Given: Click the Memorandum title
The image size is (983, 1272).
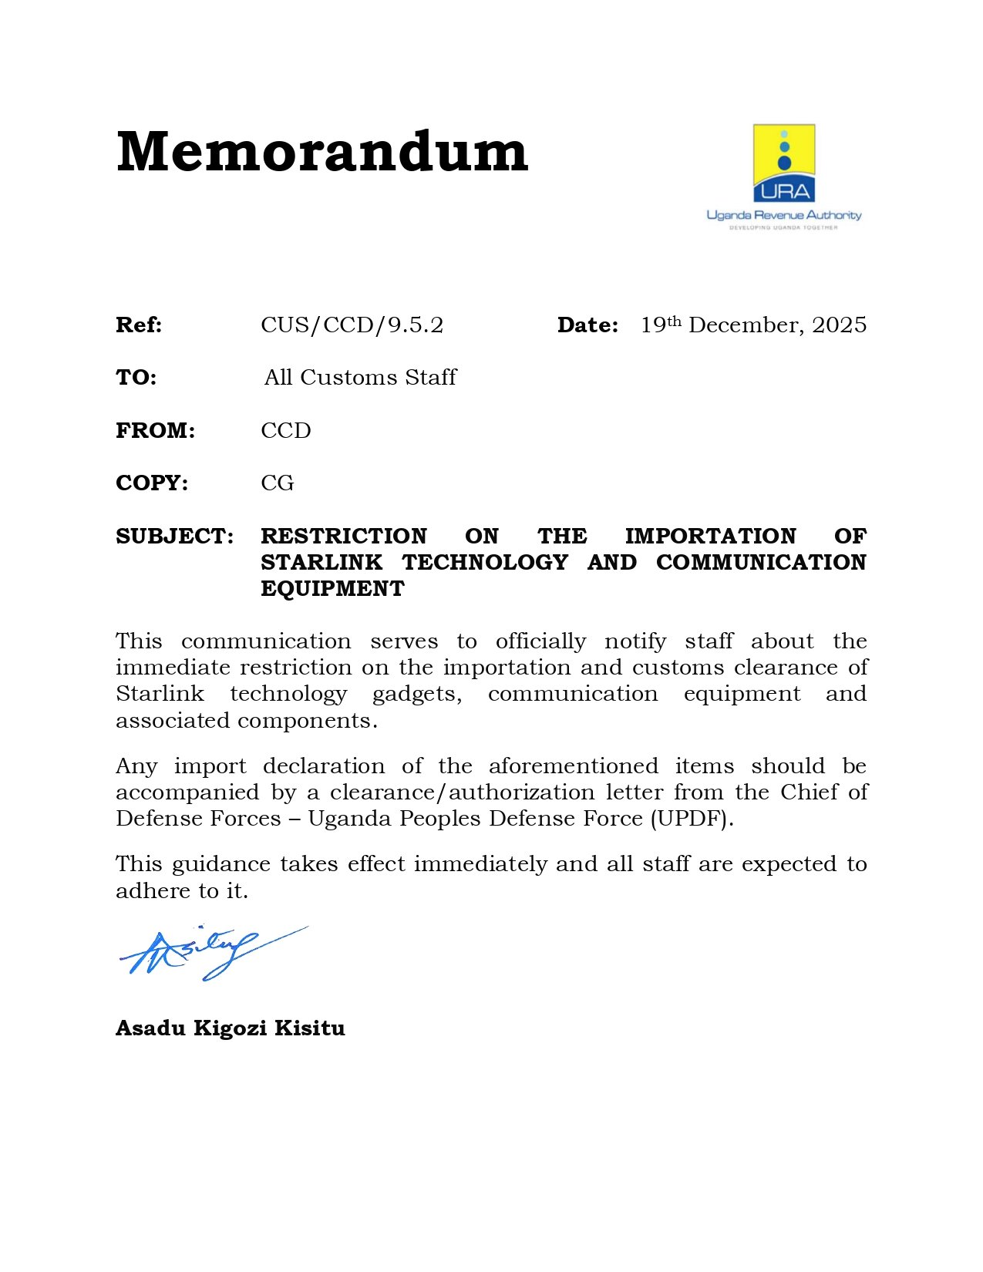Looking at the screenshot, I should coord(321,151).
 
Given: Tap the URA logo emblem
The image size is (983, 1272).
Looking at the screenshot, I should coord(784,163).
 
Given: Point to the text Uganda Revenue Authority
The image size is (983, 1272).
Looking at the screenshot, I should coord(784,215).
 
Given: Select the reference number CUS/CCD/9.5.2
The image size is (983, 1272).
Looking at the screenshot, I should coord(352,325).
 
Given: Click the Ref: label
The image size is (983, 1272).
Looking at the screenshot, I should coord(139,325).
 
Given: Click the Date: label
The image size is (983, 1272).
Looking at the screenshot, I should coord(587,325).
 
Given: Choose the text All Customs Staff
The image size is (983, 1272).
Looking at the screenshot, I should coord(360,378).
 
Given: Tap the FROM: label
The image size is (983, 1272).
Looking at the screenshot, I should coord(155,430).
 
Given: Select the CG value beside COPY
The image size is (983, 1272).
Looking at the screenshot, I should coord(278,483).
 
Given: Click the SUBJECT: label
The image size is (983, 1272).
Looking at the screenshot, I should coord(174,536).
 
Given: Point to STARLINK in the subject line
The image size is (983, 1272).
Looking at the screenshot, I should coord(321,562).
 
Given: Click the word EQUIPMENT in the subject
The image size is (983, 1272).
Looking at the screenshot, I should coord(332,588).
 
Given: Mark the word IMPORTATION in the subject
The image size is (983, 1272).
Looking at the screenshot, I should coord(710,536).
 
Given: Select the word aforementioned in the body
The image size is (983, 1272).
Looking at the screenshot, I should coord(573,766).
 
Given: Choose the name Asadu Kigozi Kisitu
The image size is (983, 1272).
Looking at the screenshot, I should coord(230,1028).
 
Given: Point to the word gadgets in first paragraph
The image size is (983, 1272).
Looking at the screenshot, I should coord(416,695).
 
